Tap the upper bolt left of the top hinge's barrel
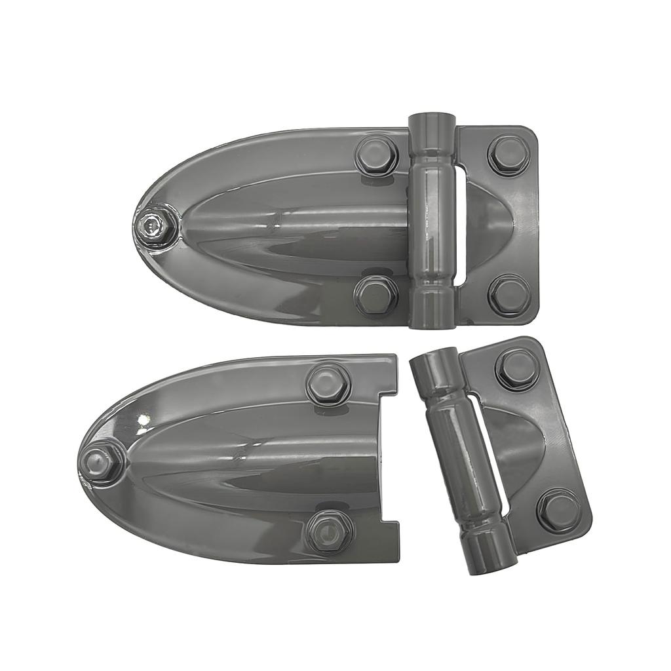point(376,155)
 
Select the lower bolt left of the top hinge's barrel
point(376,296)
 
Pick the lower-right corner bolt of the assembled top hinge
point(510,295)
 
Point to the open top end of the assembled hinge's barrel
point(432,121)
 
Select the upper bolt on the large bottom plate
point(328,384)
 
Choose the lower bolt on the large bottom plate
point(329,531)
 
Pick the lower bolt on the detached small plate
point(558,510)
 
